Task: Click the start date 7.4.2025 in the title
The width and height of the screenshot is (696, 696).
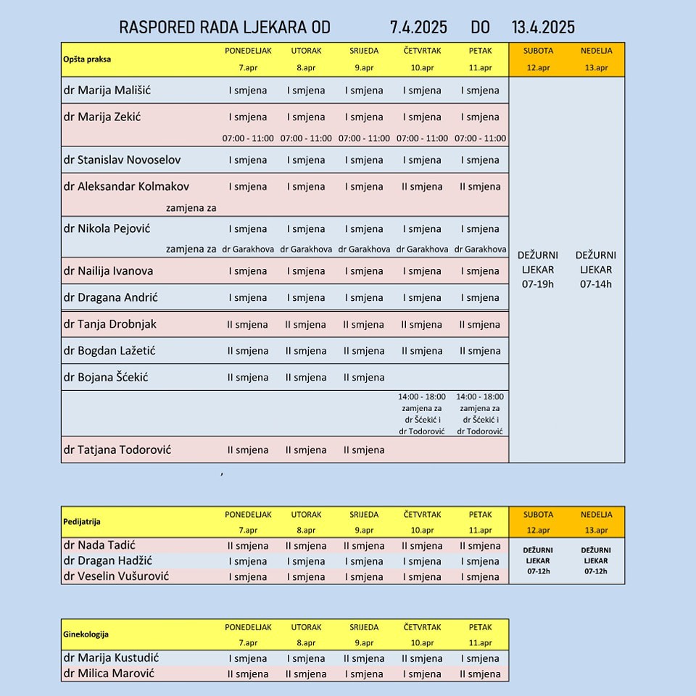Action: [x=418, y=28]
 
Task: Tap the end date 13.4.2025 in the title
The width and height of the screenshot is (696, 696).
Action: [x=543, y=28]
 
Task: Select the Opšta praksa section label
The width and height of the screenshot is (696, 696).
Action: [x=87, y=59]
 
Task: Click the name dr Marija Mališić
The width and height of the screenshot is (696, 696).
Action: [x=107, y=91]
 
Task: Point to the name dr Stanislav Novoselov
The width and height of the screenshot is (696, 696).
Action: [x=122, y=159]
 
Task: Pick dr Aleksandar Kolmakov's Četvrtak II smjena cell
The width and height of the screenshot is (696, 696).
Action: [x=422, y=186]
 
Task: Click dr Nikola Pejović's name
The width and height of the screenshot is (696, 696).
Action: [x=107, y=228]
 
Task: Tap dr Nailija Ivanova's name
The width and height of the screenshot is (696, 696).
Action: [x=108, y=271]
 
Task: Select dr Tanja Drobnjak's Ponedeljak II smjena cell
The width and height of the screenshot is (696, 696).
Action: [x=248, y=325]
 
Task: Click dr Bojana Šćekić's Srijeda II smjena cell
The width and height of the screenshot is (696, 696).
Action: [x=364, y=377]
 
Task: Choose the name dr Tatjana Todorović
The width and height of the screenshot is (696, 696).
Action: [x=117, y=449]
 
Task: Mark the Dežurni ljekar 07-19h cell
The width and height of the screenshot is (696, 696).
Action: [x=537, y=270]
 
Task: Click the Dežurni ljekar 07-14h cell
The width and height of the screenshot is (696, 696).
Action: [x=596, y=270]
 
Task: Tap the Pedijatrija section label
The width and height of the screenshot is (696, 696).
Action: [x=82, y=521]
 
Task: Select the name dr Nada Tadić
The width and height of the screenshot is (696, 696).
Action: [x=99, y=545]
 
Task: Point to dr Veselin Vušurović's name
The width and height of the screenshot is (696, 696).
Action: [x=116, y=576]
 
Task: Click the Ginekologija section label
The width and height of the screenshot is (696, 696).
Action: [x=86, y=634]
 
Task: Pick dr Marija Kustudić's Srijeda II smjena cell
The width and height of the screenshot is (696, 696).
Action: [x=364, y=659]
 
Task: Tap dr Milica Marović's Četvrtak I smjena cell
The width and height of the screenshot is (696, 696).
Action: [x=422, y=674]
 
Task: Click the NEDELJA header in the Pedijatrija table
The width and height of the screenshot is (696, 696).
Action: [x=596, y=515]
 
